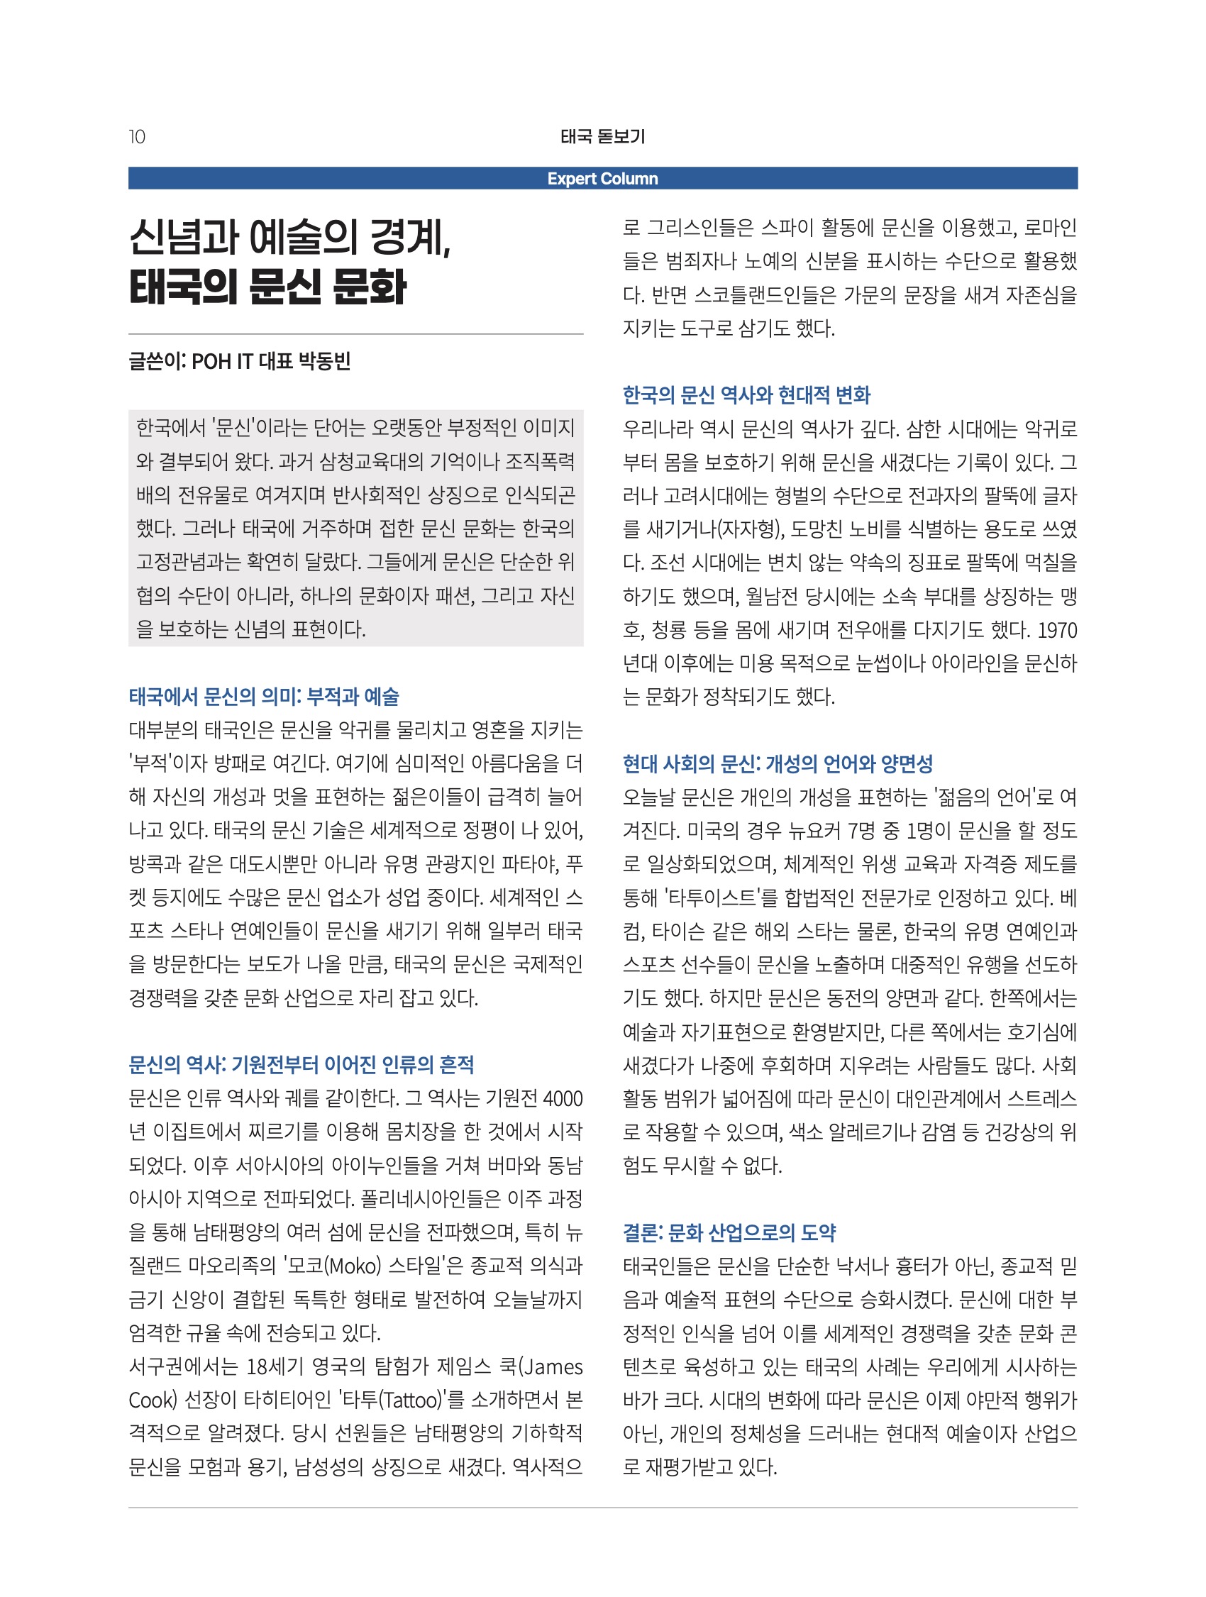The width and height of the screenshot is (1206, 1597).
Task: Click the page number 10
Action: point(137,136)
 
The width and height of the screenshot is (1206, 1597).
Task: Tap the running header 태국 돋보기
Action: point(602,136)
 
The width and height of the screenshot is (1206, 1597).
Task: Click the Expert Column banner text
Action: point(602,178)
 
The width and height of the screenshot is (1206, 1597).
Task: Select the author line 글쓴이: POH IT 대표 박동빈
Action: point(240,361)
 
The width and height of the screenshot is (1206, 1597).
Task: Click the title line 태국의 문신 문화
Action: point(267,287)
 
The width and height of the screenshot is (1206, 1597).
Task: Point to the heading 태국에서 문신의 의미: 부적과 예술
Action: point(264,697)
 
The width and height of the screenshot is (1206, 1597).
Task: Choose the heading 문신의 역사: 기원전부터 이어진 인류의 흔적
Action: point(301,1065)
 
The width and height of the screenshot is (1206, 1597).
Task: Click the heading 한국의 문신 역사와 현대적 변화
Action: point(746,395)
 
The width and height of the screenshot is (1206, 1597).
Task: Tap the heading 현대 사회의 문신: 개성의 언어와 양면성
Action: point(778,764)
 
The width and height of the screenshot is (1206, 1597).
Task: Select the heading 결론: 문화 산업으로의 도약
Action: point(729,1232)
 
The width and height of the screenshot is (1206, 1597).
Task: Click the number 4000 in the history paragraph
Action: point(563,1099)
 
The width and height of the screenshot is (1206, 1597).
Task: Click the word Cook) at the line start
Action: point(153,1400)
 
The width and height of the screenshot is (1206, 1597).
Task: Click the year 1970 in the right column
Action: point(1056,630)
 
